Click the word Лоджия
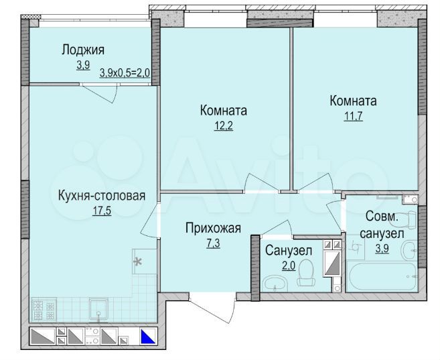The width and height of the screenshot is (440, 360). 83,50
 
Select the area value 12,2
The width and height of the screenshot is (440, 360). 224,125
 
